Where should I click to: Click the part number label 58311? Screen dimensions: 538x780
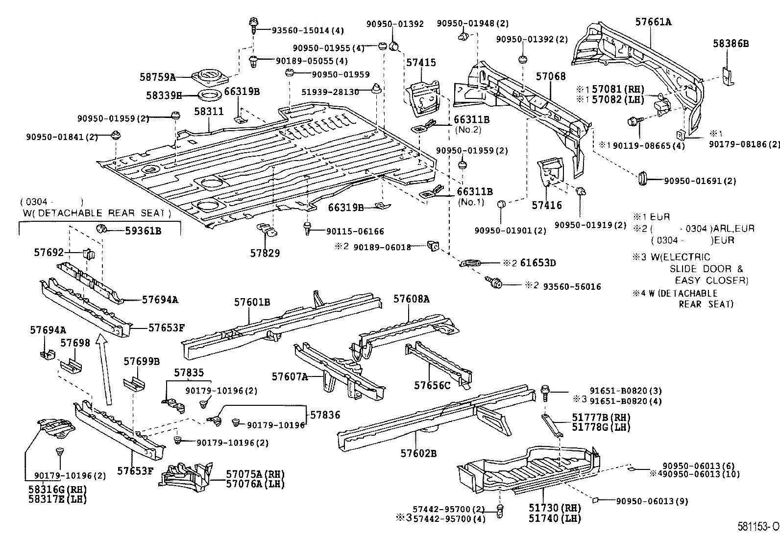point(209,112)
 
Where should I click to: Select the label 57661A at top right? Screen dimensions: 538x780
point(653,22)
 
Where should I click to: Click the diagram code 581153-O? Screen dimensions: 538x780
point(758,527)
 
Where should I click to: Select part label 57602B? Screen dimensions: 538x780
point(418,453)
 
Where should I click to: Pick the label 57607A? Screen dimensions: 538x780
point(290,376)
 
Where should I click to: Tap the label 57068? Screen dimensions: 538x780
point(550,76)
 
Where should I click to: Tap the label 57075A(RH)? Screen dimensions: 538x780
point(255,474)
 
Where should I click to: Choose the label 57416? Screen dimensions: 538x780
point(547,206)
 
